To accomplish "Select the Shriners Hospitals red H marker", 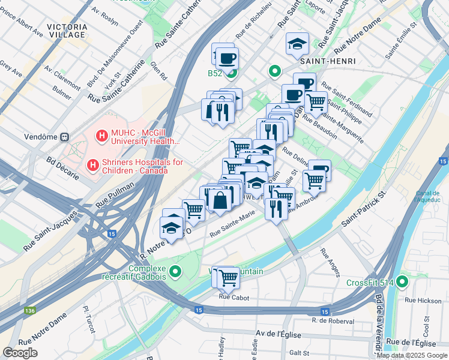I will coord(93,164).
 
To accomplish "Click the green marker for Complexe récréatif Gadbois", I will coord(175,272).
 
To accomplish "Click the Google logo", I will coord(20,353).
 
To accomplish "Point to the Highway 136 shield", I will coord(29,311).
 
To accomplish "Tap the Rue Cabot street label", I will coord(233,296).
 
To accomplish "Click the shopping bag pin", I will coord(220,200).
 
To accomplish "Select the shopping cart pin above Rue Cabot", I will coord(228,277).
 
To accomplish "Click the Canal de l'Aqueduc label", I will coord(427,196).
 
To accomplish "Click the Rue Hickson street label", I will coord(423,300).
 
